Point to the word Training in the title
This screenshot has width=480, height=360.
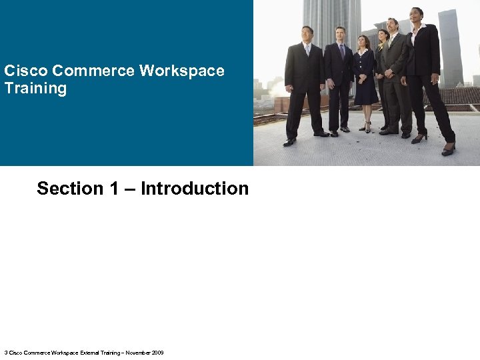35,88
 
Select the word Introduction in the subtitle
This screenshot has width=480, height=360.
195,189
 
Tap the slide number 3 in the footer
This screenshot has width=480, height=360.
6,353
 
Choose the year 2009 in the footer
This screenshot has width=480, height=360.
158,353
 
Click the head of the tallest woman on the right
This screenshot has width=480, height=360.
417,15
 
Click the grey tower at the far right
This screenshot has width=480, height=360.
450,47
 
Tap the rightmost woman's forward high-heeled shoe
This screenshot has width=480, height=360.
448,150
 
